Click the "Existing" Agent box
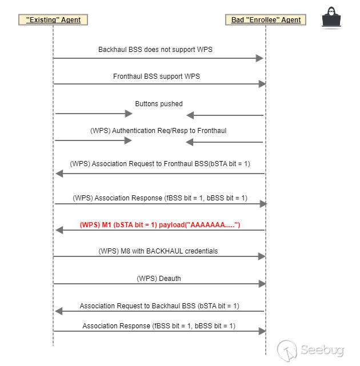click(x=54, y=20)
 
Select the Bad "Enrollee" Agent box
click(x=266, y=20)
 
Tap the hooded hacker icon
click(x=333, y=17)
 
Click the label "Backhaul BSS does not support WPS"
click(x=155, y=50)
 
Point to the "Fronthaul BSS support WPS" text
click(x=156, y=76)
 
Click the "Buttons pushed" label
click(x=159, y=104)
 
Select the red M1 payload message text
click(x=160, y=225)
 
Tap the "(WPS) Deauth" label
click(x=159, y=279)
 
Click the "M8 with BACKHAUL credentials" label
click(x=159, y=251)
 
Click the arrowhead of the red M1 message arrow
click(x=59, y=230)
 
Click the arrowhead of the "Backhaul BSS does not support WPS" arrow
click(x=259, y=58)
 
